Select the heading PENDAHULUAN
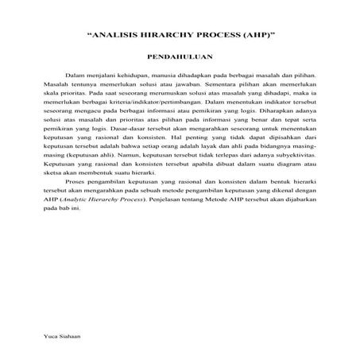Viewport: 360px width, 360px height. click(x=180, y=58)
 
